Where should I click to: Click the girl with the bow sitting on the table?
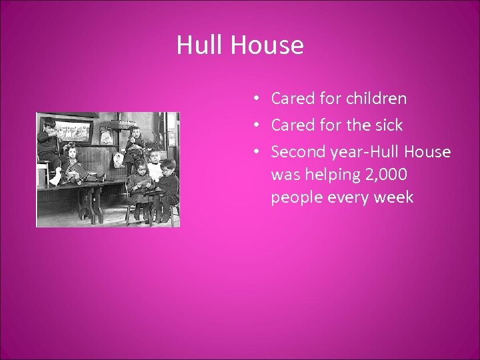(72, 163)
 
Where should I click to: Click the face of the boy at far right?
(169, 165)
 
